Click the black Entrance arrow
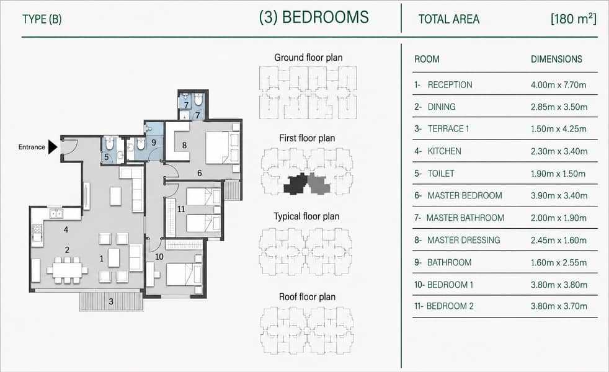click(53, 147)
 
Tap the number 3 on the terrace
click(111, 301)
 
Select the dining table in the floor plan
click(67, 270)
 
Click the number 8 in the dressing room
click(184, 145)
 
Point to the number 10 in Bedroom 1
click(159, 257)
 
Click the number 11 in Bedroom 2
click(181, 209)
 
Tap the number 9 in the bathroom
click(154, 143)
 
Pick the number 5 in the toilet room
click(107, 157)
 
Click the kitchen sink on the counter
click(56, 213)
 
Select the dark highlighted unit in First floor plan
click(296, 184)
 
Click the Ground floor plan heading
click(308, 58)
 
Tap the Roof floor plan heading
click(307, 296)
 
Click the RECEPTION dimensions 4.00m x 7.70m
click(559, 85)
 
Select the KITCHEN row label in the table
click(444, 151)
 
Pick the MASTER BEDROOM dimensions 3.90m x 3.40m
click(559, 196)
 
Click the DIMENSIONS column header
click(556, 59)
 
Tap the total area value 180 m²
click(573, 19)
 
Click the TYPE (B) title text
click(42, 19)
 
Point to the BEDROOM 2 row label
click(450, 306)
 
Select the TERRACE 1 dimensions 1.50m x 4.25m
click(559, 129)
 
